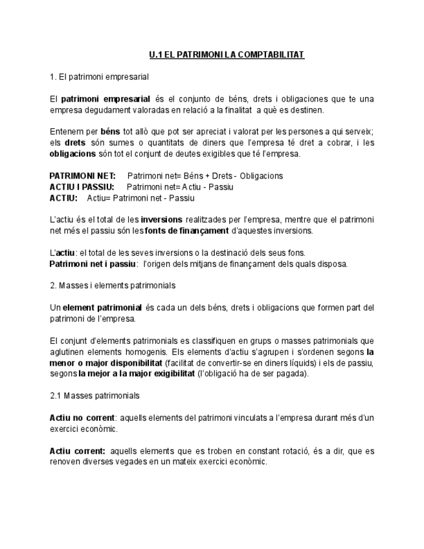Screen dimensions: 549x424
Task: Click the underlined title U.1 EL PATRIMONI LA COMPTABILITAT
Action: pos(227,55)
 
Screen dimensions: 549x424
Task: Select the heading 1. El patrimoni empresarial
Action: pos(99,77)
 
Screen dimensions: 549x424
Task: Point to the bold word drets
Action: pos(76,143)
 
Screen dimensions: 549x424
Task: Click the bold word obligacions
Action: pos(73,154)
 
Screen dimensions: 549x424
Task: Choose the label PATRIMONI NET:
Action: pos(82,176)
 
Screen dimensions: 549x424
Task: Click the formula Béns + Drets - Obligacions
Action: pos(233,176)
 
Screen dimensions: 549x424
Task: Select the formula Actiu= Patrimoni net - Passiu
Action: pos(140,198)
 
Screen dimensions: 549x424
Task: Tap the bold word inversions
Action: pos(161,219)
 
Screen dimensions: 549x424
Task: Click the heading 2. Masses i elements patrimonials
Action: pos(113,285)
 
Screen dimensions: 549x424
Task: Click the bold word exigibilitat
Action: pos(165,374)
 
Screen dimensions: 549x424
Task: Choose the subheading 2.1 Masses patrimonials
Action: pos(95,396)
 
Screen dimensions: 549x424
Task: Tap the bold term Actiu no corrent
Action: pos(82,418)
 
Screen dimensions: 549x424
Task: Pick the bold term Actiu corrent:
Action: pos(78,451)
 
